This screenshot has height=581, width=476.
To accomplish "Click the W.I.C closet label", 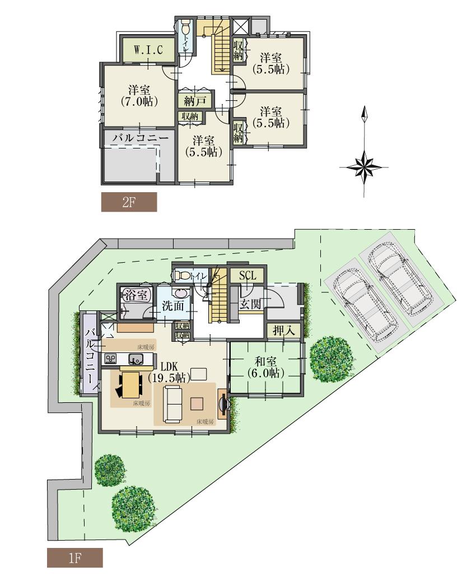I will pos(148,50).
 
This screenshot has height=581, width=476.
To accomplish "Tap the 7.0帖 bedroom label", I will pos(138,96).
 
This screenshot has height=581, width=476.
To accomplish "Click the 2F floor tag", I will pos(129,202).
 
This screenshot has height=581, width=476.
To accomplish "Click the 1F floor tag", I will pos(74,557).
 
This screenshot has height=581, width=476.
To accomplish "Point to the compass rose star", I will pos(365,167).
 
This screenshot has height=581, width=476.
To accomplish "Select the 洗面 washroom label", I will pos(173,307).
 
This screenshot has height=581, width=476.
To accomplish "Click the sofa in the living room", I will pos(174,405).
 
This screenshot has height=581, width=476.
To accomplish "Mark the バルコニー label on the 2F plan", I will pos(137,137).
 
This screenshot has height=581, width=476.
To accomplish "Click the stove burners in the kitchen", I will pos(111,359).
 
